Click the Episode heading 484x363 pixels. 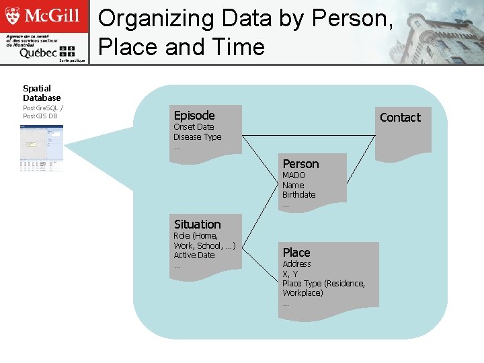tap(194, 115)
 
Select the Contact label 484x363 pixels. tap(400, 118)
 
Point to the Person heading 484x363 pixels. tap(300, 164)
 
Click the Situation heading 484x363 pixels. tap(197, 225)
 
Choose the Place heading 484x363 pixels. tap(296, 253)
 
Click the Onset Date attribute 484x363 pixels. tap(194, 127)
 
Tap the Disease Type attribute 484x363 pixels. tap(197, 137)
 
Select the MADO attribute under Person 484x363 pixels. tap(294, 175)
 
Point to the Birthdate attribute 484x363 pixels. tap(298, 195)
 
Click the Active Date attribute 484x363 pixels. tap(194, 255)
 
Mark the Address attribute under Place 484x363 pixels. tap(296, 264)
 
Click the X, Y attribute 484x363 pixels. tap(290, 274)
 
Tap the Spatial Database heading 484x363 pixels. tap(42, 93)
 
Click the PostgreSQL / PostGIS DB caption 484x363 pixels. tap(43, 112)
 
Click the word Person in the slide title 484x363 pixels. tap(350, 19)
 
